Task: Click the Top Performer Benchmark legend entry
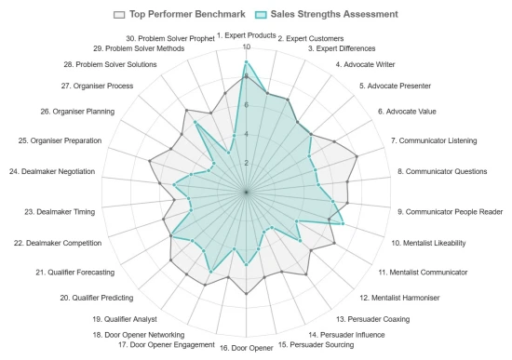click(178, 14)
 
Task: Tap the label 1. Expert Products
click(246, 35)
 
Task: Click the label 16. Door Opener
click(246, 349)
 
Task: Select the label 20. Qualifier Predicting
click(97, 298)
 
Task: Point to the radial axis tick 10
click(246, 47)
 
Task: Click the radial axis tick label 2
click(246, 163)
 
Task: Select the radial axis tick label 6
click(246, 105)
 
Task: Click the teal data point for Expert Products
click(246, 62)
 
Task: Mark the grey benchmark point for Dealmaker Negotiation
click(150, 162)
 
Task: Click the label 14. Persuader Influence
click(346, 335)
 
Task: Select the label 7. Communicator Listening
click(433, 140)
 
